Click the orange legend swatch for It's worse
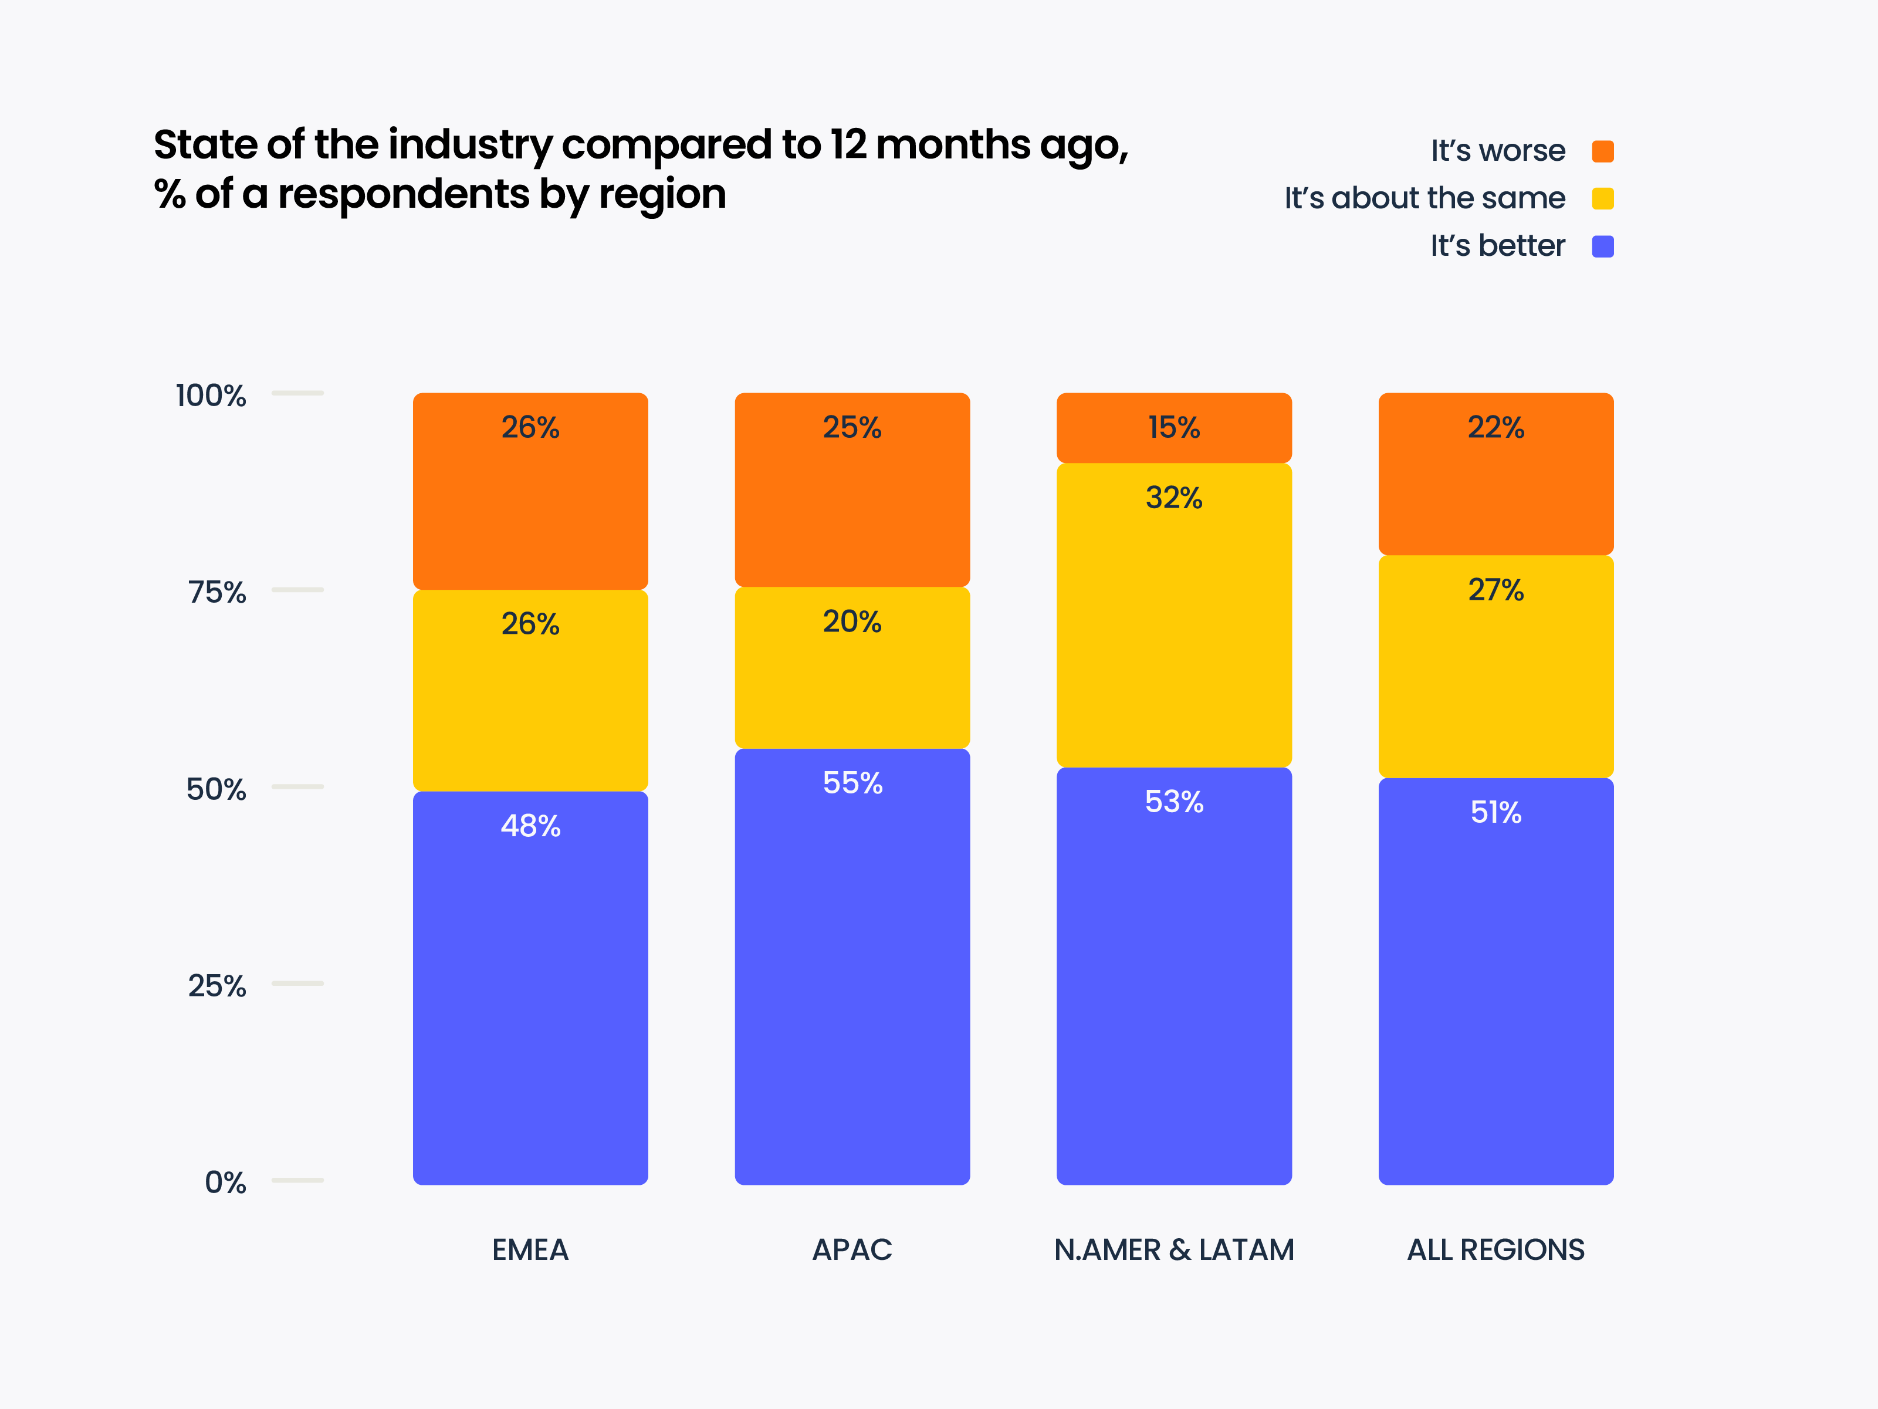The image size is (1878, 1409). point(1602,151)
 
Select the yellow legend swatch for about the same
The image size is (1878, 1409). point(1602,199)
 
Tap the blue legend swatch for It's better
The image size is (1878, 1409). point(1602,246)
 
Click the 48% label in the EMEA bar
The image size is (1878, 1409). point(530,826)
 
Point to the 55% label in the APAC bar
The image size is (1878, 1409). point(852,782)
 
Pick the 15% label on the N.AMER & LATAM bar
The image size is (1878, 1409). point(1173,427)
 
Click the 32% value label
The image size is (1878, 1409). point(1173,498)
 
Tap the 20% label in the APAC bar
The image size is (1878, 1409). point(852,621)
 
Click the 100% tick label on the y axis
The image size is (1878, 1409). point(211,396)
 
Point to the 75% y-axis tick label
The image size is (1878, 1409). point(216,592)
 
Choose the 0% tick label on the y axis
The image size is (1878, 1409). point(225,1182)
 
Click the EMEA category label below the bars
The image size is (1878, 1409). point(530,1249)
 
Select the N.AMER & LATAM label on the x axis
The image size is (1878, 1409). point(1173,1249)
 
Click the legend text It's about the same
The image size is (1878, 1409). point(1424,199)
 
